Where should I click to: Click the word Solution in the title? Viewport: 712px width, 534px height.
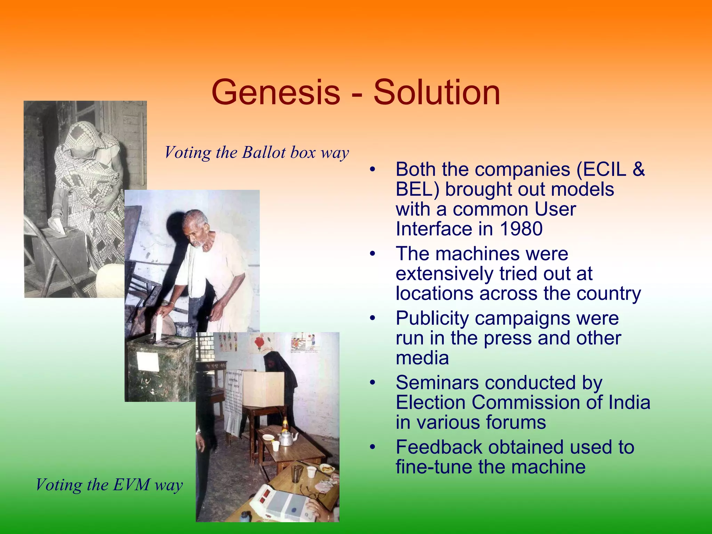point(437,92)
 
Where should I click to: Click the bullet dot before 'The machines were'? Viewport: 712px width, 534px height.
point(373,254)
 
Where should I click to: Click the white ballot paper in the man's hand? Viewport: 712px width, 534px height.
point(159,327)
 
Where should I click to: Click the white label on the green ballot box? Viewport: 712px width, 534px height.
point(148,361)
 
